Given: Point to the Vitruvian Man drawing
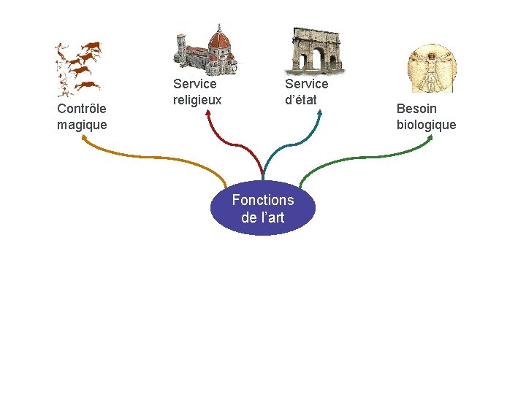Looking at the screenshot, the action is click(x=430, y=68).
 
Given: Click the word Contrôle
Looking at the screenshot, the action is click(x=82, y=109).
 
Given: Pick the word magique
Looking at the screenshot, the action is click(x=82, y=125).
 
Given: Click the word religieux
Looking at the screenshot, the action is click(x=197, y=99).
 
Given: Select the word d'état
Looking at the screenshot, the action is click(x=301, y=99).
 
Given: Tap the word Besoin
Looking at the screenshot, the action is click(x=416, y=109).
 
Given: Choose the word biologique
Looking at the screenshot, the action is click(x=426, y=125).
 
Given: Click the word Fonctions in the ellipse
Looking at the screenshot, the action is click(x=263, y=200).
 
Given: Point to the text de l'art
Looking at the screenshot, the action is click(x=263, y=217).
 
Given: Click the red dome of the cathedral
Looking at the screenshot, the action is click(x=219, y=37).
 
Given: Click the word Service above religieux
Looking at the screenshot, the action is click(x=195, y=84).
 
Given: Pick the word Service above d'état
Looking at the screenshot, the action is click(x=307, y=84).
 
